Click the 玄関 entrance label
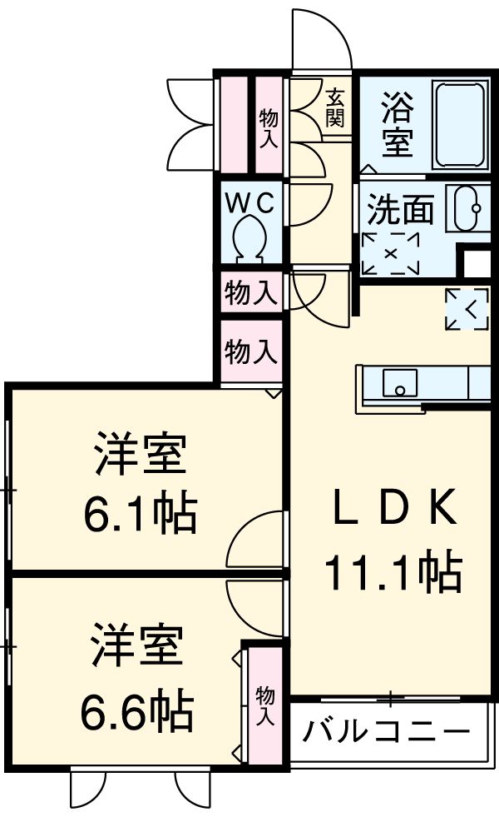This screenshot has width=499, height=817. coord(335,108)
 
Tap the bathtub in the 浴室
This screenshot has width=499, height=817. coord(461,125)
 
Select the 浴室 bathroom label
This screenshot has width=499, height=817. coord(398,124)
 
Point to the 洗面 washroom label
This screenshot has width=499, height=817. coord(400,210)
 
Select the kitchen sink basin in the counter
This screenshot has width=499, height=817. coord(400,382)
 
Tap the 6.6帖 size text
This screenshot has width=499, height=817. coord(137,710)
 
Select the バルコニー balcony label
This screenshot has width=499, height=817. coord(386,731)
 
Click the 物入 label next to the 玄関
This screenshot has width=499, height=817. coord(269,127)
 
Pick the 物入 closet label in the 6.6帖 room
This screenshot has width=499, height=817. coord(264,706)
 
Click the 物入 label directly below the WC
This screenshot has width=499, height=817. coord(250,293)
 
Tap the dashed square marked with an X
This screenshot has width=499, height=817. coord(391,254)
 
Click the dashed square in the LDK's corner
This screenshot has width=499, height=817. coord(467,310)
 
